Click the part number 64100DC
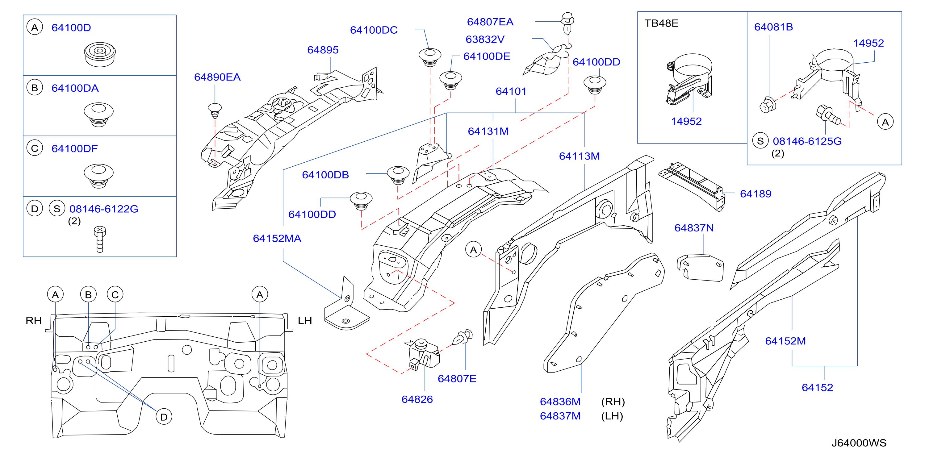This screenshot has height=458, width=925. [374, 30]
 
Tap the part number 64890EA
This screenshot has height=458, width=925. [217, 77]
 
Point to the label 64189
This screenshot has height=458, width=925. [755, 194]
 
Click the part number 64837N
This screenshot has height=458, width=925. [694, 228]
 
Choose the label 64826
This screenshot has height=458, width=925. [417, 399]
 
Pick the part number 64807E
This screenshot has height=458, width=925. [457, 379]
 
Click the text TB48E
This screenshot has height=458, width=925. [661, 23]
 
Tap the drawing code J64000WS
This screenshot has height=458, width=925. [859, 443]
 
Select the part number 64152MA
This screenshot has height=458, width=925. [277, 238]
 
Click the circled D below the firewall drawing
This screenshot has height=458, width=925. [164, 417]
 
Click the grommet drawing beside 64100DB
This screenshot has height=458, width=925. [398, 175]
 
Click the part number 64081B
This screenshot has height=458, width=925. [773, 27]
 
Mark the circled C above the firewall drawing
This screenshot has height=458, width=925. [115, 294]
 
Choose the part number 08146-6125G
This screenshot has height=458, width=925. [807, 141]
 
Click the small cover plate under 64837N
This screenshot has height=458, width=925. [700, 268]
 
